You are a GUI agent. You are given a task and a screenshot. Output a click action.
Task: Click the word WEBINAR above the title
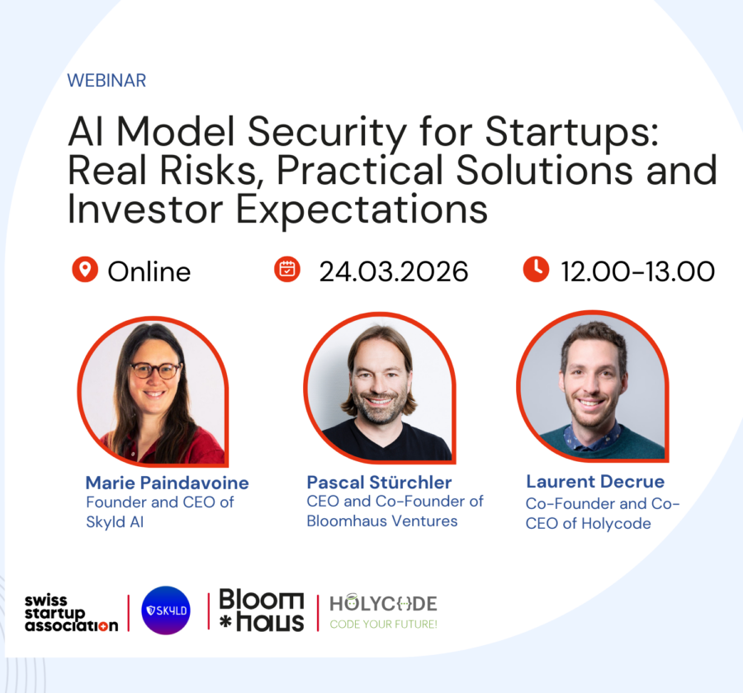pos(106,81)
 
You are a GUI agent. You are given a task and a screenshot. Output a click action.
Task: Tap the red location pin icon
pos(84,269)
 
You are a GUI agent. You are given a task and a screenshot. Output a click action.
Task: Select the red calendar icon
pos(286,269)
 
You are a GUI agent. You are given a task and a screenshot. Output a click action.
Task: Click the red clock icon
pos(536,269)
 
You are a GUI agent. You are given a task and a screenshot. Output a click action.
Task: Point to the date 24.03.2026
pos(394,271)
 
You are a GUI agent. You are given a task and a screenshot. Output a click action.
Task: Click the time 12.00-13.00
pos(637,271)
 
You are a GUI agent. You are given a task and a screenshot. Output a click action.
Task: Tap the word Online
pos(149,271)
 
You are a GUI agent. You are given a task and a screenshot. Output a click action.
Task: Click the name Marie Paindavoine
pos(167,483)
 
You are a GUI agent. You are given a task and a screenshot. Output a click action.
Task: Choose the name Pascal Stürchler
pos(379,482)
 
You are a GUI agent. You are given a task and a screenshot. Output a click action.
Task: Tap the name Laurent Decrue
pos(594,482)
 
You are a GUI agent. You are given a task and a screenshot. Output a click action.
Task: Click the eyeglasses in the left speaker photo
pos(155,370)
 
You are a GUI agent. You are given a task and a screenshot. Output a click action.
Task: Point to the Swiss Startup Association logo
pos(69,612)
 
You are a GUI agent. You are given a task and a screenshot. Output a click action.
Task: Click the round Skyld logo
pos(166,610)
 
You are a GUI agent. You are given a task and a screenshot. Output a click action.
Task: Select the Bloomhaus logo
pos(262,611)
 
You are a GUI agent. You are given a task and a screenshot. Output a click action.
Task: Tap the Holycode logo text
pos(384,603)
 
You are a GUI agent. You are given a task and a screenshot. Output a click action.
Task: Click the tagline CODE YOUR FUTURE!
pos(384,625)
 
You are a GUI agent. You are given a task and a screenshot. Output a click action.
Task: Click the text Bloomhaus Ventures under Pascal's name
pos(381,521)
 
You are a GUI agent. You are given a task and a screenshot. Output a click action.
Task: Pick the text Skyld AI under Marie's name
pos(115,521)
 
